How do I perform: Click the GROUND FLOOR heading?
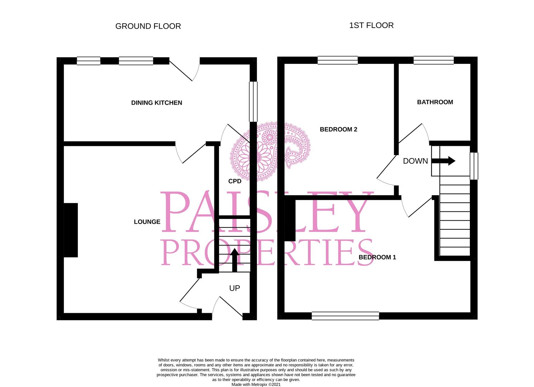(x=148, y=26)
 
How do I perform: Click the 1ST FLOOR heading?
(x=371, y=25)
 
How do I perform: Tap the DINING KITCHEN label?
(x=157, y=103)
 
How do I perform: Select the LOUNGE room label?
(x=147, y=222)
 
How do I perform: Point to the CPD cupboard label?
(x=235, y=181)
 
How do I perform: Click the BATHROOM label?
(x=435, y=102)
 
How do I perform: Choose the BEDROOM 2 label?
(x=338, y=129)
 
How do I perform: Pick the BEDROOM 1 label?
(x=377, y=257)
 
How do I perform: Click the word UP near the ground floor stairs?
(x=234, y=288)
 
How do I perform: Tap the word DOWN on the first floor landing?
(x=415, y=161)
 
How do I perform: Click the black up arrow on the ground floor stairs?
(x=234, y=260)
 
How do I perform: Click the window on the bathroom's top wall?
(x=434, y=60)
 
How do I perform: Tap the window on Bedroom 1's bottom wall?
(x=345, y=316)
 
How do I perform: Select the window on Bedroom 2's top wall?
(x=338, y=60)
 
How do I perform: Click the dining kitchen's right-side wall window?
(x=253, y=101)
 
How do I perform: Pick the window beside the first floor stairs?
(x=474, y=166)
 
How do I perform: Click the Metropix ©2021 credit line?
(x=256, y=384)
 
